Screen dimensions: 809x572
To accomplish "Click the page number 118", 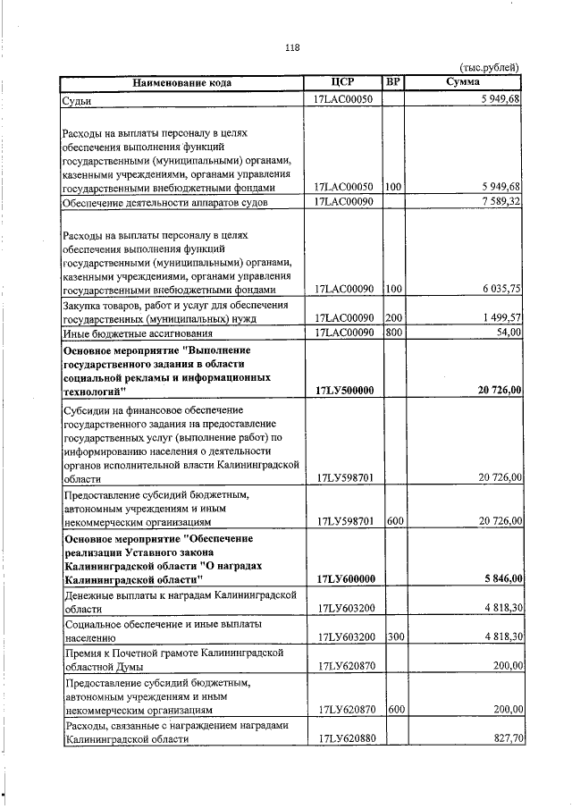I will coord(292,47).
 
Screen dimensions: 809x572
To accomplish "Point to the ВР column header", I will coord(392,83).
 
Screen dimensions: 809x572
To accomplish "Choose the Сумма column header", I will coord(463,83).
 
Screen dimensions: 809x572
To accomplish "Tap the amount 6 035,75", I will coord(500,289).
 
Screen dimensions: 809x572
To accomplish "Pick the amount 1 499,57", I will coord(500,318).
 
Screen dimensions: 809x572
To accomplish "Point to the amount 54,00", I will coord(508,333).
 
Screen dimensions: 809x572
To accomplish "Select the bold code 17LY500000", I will coord(344,391).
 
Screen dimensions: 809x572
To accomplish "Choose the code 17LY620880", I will coord(344,739).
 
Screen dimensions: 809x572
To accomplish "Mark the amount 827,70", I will coord(506,739).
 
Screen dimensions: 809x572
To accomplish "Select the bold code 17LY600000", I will coord(344,579).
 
